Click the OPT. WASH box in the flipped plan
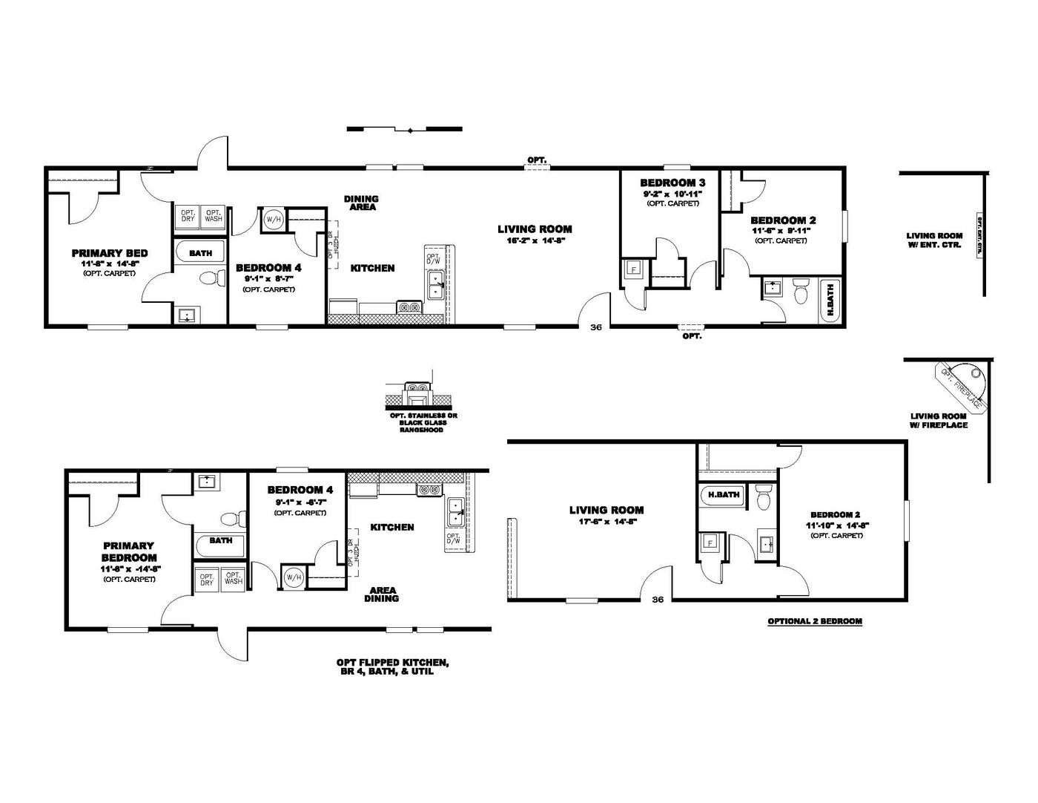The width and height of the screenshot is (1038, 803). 233,577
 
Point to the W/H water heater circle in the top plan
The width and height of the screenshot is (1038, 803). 274,220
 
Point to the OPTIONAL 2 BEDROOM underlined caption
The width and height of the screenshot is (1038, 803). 814,621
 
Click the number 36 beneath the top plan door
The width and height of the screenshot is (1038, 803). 595,327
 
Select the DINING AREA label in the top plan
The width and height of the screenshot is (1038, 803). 361,203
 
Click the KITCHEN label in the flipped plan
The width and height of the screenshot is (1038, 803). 391,527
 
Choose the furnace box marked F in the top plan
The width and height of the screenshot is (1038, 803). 632,269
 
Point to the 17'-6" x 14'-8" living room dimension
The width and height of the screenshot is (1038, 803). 606,521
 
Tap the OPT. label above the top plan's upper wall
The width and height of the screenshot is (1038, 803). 537,160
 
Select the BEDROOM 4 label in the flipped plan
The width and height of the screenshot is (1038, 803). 300,490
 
